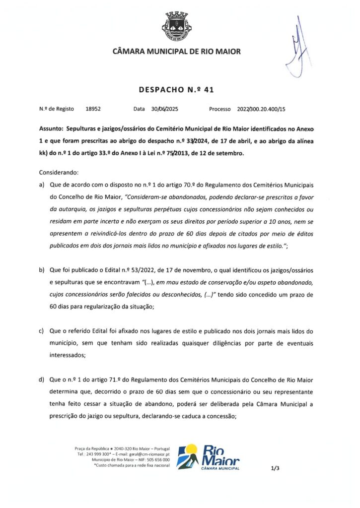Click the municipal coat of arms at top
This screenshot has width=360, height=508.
click(177, 26)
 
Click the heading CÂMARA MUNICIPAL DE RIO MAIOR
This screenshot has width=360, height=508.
click(177, 51)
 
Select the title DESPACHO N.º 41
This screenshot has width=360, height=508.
click(176, 90)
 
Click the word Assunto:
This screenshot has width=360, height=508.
click(51, 128)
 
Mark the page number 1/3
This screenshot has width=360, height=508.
click(275, 467)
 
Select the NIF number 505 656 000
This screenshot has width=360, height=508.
click(155, 459)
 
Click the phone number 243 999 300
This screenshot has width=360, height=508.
click(102, 454)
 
